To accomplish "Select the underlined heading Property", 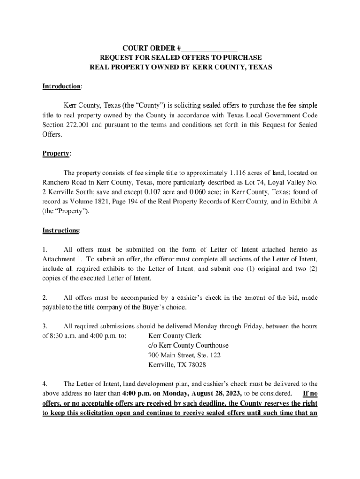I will pyautogui.click(x=56, y=153).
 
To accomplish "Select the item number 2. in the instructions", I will pyautogui.click(x=45, y=298).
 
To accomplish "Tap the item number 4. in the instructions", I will pyautogui.click(x=45, y=384).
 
